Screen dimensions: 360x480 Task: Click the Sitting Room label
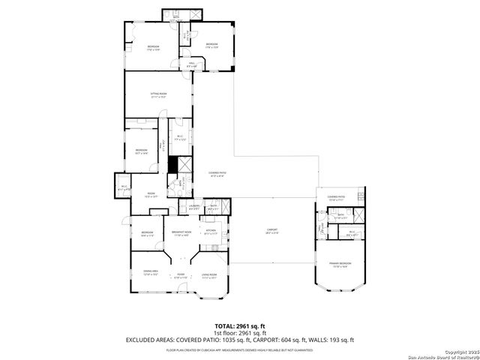[158, 95]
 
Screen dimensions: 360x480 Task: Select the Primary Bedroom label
[340, 264]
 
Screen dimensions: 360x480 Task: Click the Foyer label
[180, 274]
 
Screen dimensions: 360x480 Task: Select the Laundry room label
[193, 206]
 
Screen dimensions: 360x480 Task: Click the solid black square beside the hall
[173, 164]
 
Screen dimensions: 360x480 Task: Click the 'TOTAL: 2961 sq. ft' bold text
[240, 326]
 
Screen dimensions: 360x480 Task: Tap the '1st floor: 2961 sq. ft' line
[240, 333]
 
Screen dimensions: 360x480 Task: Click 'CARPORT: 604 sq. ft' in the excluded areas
[278, 340]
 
